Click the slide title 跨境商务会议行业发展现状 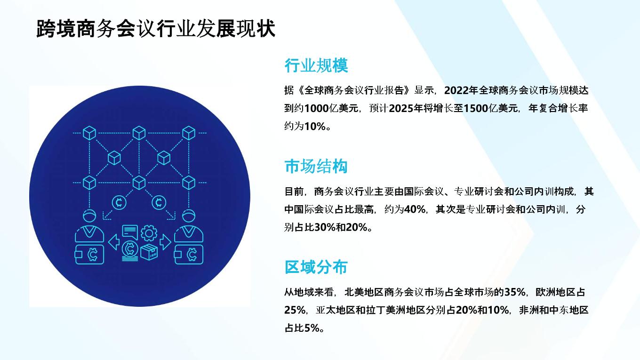pyautogui.click(x=156, y=29)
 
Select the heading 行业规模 pyautogui.click(x=316, y=65)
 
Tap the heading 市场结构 pyautogui.click(x=316, y=166)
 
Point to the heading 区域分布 pyautogui.click(x=316, y=267)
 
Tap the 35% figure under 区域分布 pyautogui.click(x=515, y=292)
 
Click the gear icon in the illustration pyautogui.click(x=149, y=233)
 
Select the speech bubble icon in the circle pyautogui.click(x=130, y=232)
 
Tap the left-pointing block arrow pyautogui.click(x=114, y=242)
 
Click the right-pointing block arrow pyautogui.click(x=166, y=242)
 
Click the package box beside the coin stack pyautogui.click(x=149, y=252)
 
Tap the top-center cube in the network pyautogui.click(x=139, y=133)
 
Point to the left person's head pyautogui.click(x=89, y=216)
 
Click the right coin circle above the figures pyautogui.click(x=159, y=202)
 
